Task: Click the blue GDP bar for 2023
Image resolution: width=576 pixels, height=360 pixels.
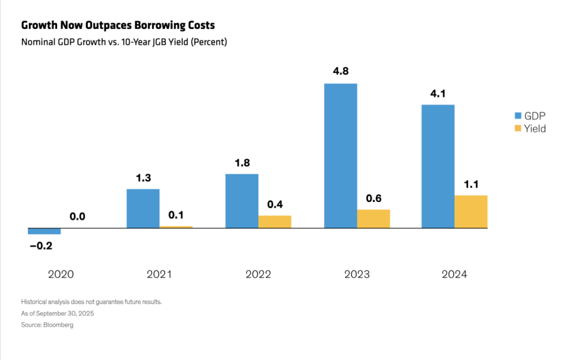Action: (x=340, y=156)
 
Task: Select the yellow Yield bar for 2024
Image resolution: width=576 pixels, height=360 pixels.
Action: (x=471, y=212)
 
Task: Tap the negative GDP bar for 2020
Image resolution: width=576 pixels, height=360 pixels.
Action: (x=44, y=231)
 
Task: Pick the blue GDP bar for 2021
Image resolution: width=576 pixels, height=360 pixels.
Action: (x=143, y=208)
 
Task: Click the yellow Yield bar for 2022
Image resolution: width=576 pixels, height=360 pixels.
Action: (x=275, y=222)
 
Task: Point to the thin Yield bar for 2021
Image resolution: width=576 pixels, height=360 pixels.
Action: (x=176, y=227)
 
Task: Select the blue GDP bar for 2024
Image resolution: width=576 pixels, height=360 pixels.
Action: (x=438, y=166)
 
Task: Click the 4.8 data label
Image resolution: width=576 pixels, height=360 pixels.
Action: (x=340, y=72)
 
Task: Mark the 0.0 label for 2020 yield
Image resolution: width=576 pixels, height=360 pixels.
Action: (x=77, y=217)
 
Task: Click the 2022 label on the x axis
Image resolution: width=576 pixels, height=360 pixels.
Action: (x=258, y=275)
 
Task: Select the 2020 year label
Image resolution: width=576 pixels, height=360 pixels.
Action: (x=61, y=275)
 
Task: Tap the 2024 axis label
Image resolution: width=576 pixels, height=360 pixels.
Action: (x=454, y=275)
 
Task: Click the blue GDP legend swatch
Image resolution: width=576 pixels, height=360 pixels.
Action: (x=518, y=116)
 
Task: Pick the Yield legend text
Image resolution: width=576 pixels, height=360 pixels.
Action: (x=536, y=129)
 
